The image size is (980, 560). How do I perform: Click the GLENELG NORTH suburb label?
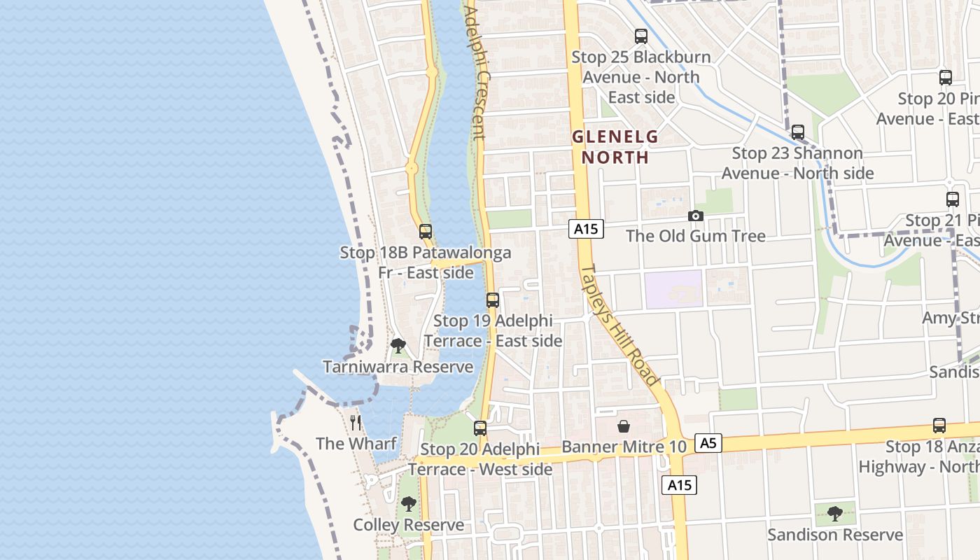[x=615, y=146]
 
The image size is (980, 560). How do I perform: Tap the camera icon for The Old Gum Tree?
[x=695, y=216]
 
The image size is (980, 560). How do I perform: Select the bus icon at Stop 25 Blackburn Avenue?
[x=640, y=36]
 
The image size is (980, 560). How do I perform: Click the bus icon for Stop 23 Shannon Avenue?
[x=797, y=132]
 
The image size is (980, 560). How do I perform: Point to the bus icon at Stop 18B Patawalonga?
[x=426, y=232]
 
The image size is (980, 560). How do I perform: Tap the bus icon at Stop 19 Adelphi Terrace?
[x=493, y=300]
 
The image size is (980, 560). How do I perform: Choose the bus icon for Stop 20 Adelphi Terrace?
[x=480, y=428]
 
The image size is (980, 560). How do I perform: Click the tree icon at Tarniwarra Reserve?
[x=398, y=345]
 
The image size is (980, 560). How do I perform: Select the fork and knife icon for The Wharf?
[x=356, y=422]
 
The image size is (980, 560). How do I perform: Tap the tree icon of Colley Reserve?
[x=408, y=504]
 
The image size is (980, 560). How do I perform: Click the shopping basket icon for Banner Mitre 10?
[x=624, y=426]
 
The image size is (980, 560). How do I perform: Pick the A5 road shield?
[x=708, y=442]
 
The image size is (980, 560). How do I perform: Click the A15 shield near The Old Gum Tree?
[x=585, y=229]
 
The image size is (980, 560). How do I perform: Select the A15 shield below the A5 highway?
[x=680, y=485]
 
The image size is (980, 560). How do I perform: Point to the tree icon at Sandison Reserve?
[x=834, y=514]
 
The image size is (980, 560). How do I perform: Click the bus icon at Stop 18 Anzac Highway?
[x=939, y=426]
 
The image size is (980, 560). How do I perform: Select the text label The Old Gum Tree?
[x=695, y=236]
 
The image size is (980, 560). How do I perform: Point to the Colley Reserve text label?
[x=408, y=525]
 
